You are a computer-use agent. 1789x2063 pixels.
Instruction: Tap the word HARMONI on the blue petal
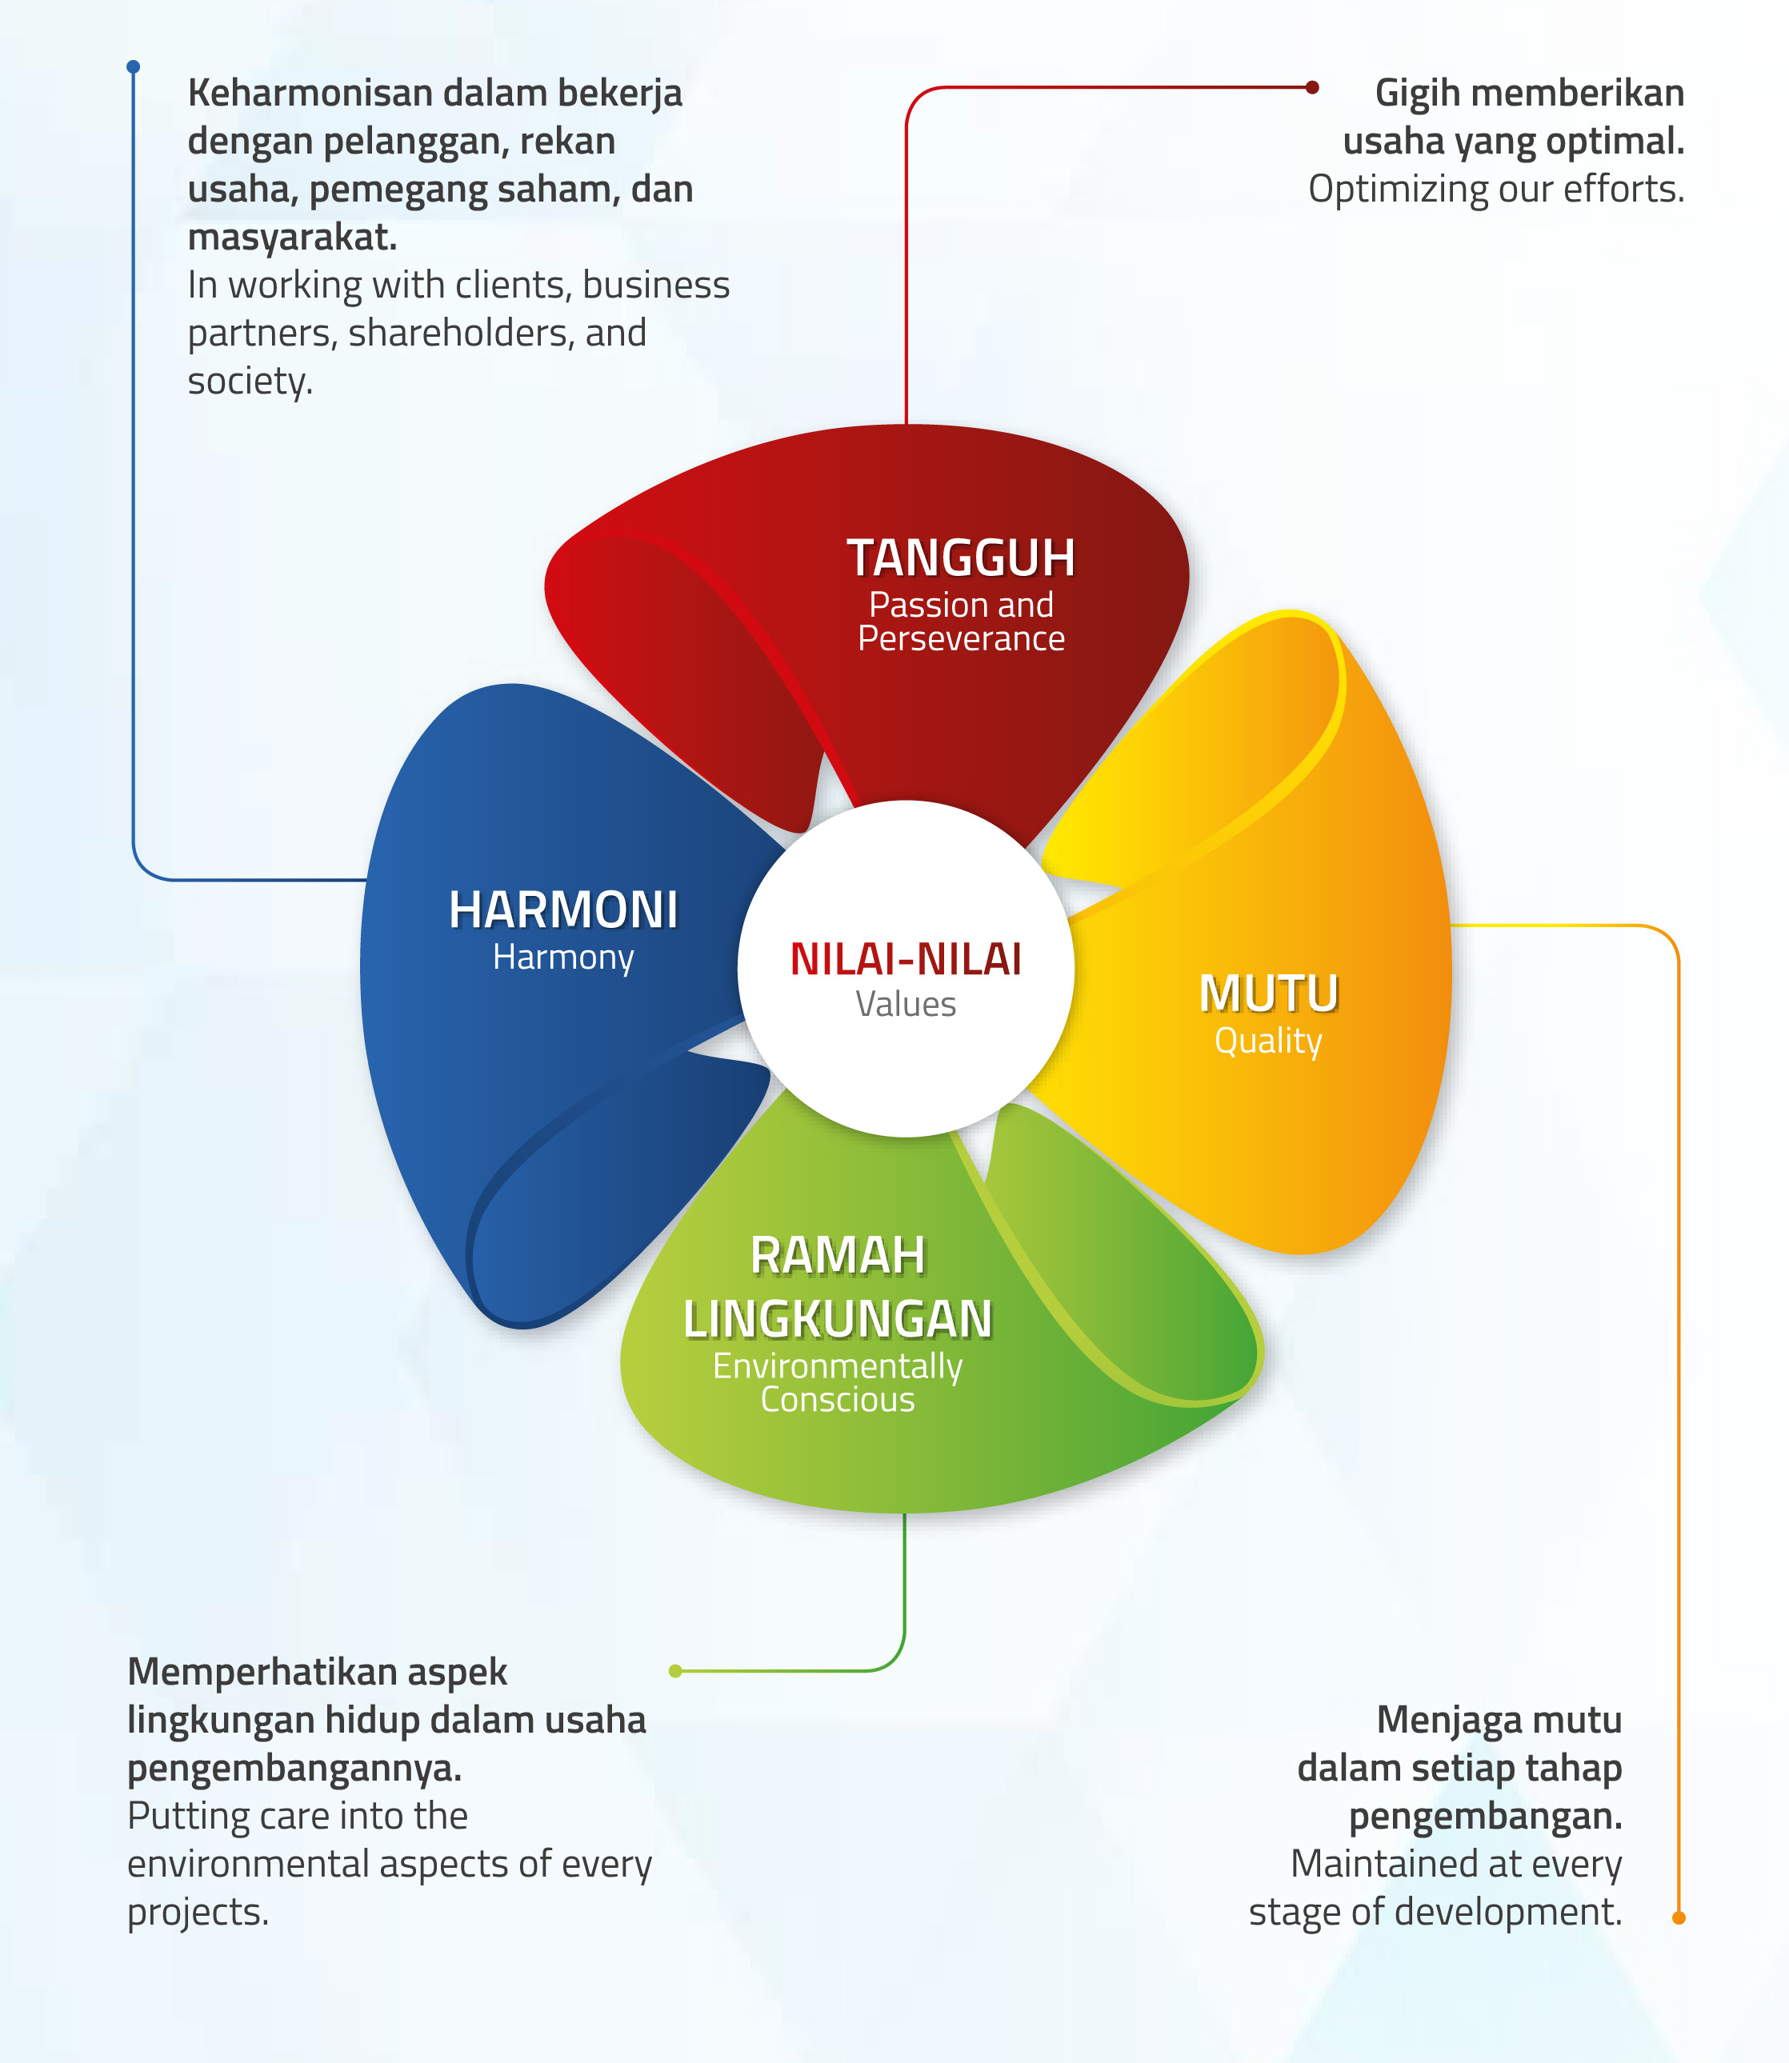tap(563, 910)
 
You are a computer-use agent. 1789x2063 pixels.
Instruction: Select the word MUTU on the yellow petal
tap(1268, 994)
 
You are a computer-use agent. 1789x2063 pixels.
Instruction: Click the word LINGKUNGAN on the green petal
tap(838, 1319)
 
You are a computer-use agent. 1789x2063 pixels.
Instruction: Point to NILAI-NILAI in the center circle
tap(906, 959)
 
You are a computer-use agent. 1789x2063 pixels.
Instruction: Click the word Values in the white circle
tap(906, 1004)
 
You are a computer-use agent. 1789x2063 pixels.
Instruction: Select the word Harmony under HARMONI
tap(563, 958)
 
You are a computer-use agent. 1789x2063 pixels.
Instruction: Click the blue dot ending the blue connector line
tap(133, 67)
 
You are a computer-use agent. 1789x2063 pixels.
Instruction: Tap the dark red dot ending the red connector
tap(1312, 87)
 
